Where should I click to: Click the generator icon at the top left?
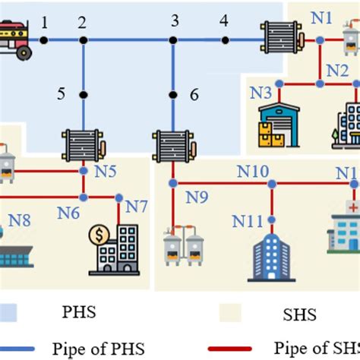(17, 39)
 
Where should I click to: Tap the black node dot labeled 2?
(83, 40)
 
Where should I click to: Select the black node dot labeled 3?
(174, 40)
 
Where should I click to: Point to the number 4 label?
(223, 21)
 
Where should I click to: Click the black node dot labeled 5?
(83, 94)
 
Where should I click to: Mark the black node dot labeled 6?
(174, 94)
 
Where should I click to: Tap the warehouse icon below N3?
(279, 125)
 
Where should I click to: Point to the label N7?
(137, 206)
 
